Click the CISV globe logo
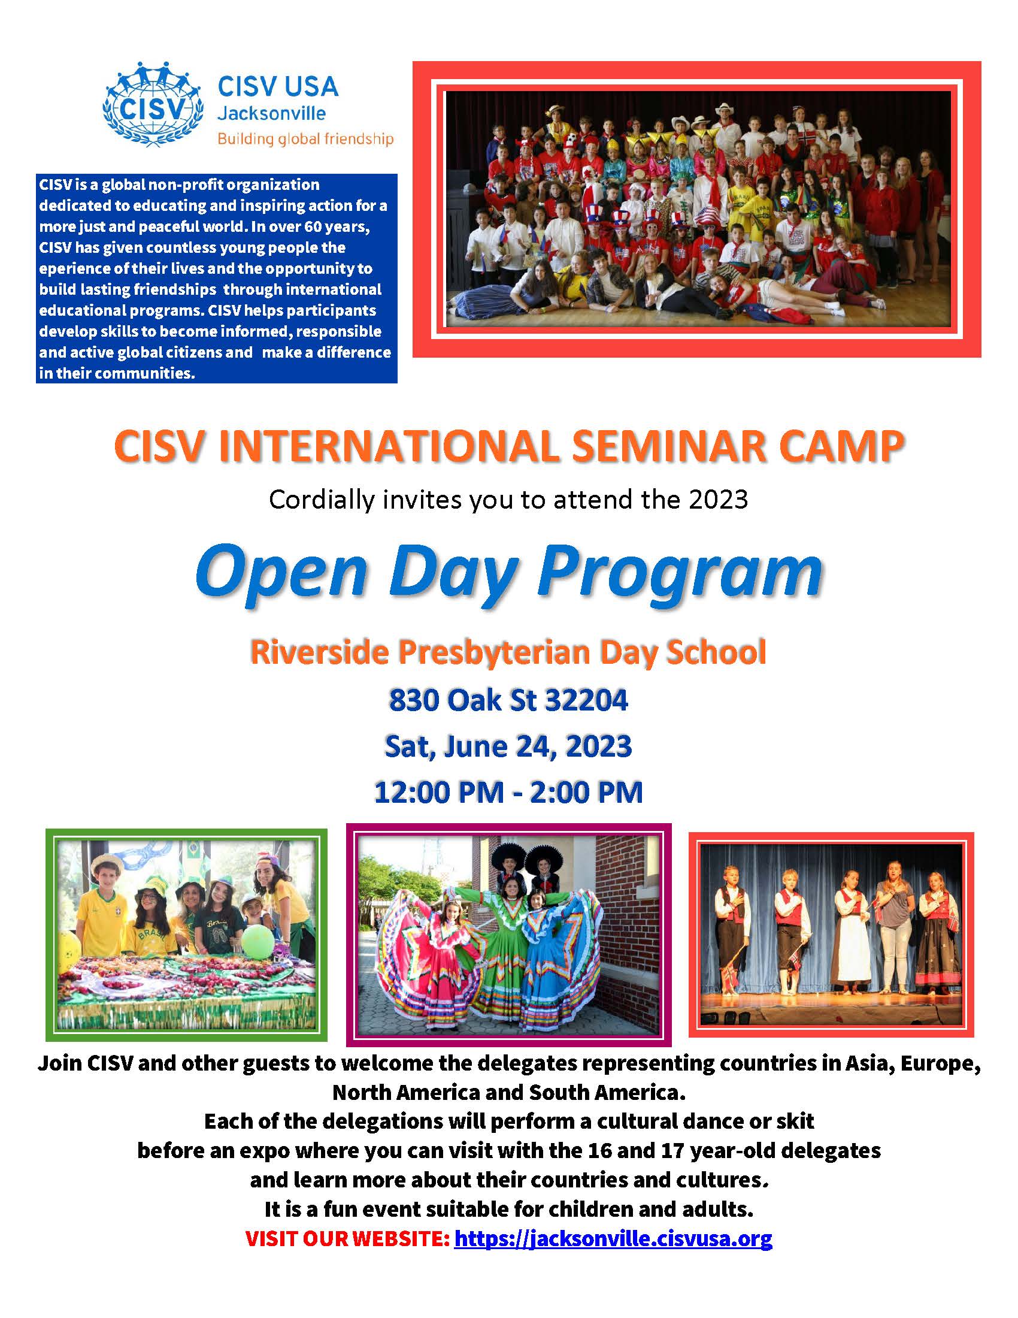(x=152, y=104)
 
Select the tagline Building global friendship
(x=305, y=140)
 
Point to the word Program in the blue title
(x=680, y=572)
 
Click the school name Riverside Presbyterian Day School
(x=508, y=653)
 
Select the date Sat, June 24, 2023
(x=508, y=747)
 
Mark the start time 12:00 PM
(x=438, y=793)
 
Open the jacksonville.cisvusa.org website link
(x=613, y=1239)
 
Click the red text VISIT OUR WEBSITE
(x=347, y=1239)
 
